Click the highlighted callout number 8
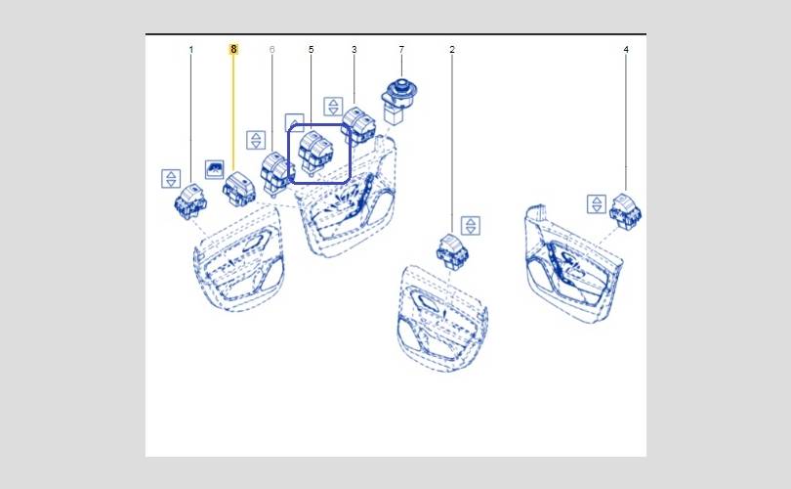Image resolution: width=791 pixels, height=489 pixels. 233,49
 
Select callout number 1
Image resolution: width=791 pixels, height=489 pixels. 191,50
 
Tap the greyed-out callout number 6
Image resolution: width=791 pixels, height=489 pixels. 272,50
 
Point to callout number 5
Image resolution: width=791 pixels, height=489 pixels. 311,50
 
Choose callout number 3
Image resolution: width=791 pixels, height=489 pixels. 354,50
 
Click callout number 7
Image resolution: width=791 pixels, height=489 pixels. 401,50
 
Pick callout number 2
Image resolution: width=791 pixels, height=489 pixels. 452,50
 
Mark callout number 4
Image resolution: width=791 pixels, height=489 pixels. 626,50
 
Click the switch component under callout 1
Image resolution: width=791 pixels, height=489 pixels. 190,201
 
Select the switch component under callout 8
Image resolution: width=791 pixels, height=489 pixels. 239,189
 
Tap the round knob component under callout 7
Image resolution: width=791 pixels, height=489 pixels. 399,100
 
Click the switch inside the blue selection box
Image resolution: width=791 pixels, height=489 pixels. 315,152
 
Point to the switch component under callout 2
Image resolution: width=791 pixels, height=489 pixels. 453,251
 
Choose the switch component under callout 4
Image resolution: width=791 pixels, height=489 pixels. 626,211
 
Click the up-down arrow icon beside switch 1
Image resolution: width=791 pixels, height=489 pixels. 171,178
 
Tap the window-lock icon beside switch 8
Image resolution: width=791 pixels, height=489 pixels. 215,169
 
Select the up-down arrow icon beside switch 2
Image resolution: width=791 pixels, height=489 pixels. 471,226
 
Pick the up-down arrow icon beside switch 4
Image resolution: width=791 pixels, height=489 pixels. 597,204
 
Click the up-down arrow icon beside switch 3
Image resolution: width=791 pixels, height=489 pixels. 333,107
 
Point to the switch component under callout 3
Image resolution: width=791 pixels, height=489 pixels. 358,126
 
